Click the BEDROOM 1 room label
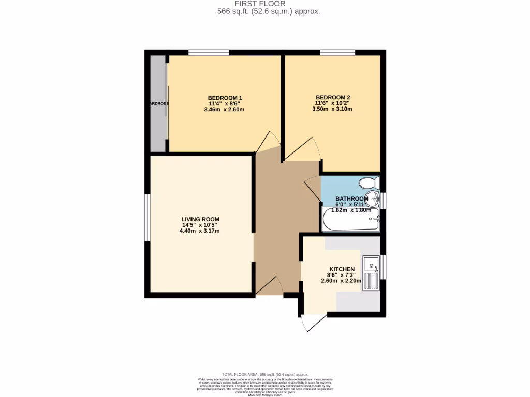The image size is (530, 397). pos(225,98)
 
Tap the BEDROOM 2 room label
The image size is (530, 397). pos(333,97)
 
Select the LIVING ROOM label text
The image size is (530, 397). pos(200,219)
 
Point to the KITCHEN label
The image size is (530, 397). pos(342,269)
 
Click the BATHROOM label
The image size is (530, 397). pos(352,198)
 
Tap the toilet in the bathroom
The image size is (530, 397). pos(369,183)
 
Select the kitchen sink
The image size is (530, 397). pos(371,272)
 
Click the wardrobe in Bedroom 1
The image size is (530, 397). pos(158,103)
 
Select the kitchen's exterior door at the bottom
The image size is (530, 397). pos(314,323)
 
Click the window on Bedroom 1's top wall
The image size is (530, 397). pos(209,52)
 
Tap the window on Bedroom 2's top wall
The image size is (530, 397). pos(337,52)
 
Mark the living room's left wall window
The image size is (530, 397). pos(147,218)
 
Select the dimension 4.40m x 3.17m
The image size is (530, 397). pos(200,231)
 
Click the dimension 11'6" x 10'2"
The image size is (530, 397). pos(333,103)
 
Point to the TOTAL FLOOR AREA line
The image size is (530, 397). pos(265,374)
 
